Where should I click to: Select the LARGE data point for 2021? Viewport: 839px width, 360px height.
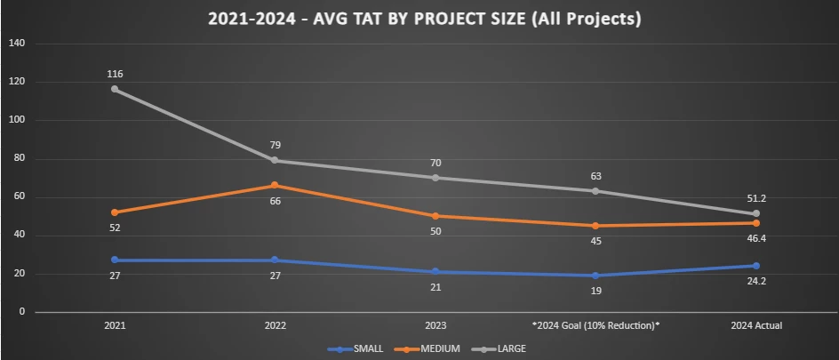coord(115,89)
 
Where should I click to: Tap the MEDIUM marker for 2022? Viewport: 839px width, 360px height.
coord(275,185)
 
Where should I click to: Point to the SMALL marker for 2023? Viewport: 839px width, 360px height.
coord(435,272)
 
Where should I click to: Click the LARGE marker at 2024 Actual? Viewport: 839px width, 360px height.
coord(756,213)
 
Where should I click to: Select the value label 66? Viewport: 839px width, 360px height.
coord(275,201)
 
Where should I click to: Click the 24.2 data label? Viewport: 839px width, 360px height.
coord(756,282)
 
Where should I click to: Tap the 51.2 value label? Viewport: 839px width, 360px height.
coord(756,199)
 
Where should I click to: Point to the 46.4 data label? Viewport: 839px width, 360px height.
coord(756,239)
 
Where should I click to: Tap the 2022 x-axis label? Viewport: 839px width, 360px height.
coord(275,326)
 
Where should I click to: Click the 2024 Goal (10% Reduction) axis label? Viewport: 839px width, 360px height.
coord(595,326)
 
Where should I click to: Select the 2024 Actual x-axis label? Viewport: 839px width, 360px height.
coord(756,326)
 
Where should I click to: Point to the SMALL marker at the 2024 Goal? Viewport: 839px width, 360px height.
coord(596,276)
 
